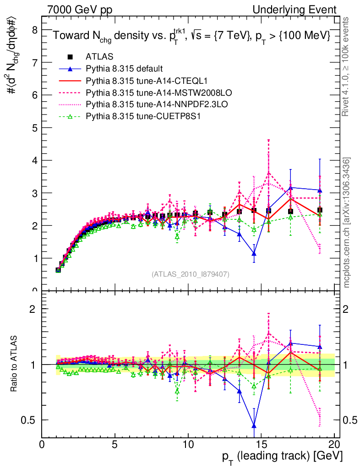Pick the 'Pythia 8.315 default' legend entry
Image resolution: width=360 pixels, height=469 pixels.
tap(124, 69)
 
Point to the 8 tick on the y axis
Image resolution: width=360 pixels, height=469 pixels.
tap(34, 30)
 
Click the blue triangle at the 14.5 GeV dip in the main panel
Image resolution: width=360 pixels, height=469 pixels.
tap(254, 253)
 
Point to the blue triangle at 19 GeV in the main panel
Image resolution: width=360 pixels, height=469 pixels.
tap(320, 190)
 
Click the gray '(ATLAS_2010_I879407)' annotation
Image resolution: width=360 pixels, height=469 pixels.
tap(191, 274)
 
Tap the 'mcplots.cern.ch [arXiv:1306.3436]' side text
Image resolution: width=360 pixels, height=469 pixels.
tap(347, 223)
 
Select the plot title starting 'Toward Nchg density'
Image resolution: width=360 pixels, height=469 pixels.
tap(191, 36)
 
